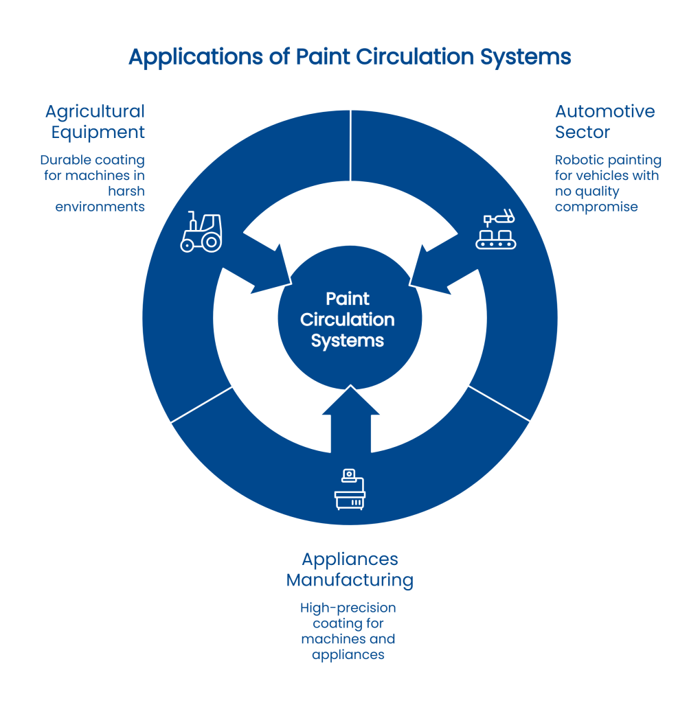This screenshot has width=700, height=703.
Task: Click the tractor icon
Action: (x=201, y=233)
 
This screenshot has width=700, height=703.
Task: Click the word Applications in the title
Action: (x=194, y=57)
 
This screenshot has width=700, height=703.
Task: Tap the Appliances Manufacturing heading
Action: (x=350, y=570)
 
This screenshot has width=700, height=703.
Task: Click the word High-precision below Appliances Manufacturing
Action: (x=348, y=608)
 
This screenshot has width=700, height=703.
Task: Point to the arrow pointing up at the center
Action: (x=350, y=412)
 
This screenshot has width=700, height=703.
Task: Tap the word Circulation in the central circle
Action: (x=348, y=320)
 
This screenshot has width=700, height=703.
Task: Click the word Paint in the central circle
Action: (x=348, y=299)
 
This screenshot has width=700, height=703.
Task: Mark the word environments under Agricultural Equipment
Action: (x=100, y=206)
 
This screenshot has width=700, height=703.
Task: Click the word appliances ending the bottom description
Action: (x=348, y=655)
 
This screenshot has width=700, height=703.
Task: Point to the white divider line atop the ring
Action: (x=351, y=146)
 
